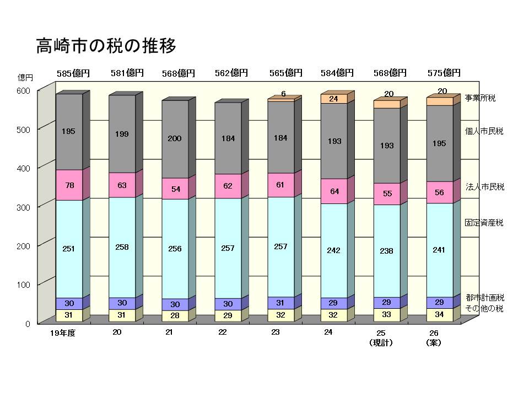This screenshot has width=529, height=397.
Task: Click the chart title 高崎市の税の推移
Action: point(106,46)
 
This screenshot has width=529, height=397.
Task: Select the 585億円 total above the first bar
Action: point(73,73)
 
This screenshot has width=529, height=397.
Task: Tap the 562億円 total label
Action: point(231,73)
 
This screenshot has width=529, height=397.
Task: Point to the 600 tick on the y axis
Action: point(25,90)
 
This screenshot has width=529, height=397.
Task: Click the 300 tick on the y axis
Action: point(25,207)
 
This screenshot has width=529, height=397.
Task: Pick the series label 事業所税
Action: point(480,98)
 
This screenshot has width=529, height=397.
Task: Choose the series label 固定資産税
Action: point(484,223)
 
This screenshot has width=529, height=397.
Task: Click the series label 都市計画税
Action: point(484,298)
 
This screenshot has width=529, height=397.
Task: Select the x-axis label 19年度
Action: point(62,332)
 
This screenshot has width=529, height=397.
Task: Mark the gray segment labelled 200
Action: point(175,139)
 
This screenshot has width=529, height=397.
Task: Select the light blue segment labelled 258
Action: point(122,247)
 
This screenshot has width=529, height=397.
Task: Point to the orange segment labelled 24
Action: point(333,99)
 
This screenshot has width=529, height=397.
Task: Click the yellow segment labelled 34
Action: point(439,315)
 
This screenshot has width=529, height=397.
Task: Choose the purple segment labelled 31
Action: point(280,303)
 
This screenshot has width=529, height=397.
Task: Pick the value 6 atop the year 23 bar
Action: point(283,94)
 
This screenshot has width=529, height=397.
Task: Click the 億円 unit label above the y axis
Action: point(25,78)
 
